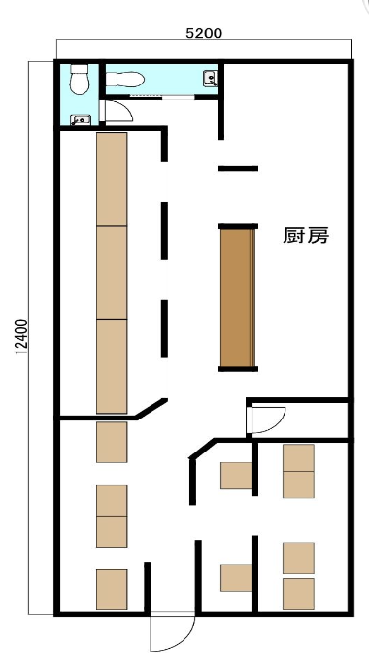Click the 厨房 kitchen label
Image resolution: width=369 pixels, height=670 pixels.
[x=306, y=235]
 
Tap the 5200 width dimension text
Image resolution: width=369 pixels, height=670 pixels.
[x=204, y=33]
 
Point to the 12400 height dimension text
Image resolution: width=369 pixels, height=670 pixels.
[x=21, y=337]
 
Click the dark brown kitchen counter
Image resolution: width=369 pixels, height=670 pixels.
[x=238, y=297]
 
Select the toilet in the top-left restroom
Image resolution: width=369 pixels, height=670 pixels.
[x=80, y=79]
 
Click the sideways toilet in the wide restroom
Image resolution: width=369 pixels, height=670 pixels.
[x=124, y=79]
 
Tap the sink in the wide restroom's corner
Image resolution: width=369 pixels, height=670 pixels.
[x=210, y=78]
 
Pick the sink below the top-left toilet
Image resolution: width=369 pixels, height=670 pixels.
[x=81, y=120]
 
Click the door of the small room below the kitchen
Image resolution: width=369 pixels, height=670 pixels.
[x=267, y=420]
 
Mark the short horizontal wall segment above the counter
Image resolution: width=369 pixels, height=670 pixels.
[x=238, y=168]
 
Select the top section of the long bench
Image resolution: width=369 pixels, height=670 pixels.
[x=112, y=179]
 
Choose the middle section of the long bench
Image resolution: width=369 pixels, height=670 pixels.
[x=112, y=273]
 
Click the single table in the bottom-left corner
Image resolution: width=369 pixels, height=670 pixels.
[x=112, y=588]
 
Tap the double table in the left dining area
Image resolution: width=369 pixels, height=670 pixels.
[x=112, y=516]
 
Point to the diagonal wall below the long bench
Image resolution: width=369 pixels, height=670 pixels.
[x=151, y=408]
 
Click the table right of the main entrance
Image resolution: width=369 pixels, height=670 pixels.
[x=236, y=578]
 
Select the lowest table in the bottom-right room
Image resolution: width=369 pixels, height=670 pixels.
[x=298, y=593]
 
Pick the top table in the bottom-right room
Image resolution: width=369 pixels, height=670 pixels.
[x=298, y=457]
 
